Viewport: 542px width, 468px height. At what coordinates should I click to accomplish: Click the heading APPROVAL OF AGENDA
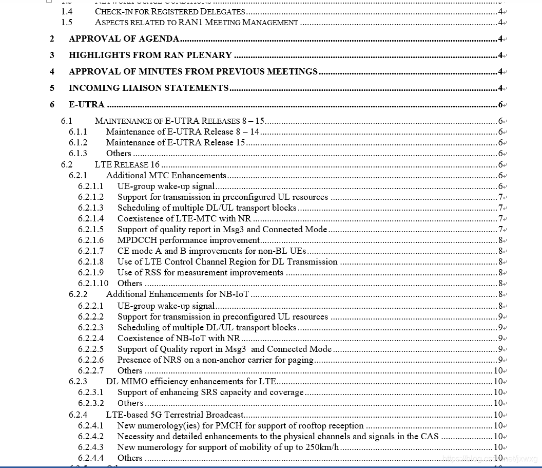[124, 39]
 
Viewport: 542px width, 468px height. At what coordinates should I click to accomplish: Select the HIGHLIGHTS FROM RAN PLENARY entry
[150, 55]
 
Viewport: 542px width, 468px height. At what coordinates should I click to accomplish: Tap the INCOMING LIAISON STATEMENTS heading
[148, 88]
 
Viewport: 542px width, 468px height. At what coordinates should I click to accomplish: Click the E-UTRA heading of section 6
[86, 104]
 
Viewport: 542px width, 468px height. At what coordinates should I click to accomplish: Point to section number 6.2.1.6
[90, 240]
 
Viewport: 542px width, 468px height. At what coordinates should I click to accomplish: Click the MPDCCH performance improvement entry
[188, 240]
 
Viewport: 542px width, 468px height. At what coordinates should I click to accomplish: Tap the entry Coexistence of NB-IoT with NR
[179, 338]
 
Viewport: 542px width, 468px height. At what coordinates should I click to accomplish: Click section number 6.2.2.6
[90, 360]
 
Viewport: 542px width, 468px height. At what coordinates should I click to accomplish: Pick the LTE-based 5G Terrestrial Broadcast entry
[175, 415]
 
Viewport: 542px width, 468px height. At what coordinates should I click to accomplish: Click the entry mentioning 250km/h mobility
[228, 447]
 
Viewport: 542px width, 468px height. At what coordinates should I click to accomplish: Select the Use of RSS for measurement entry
[200, 272]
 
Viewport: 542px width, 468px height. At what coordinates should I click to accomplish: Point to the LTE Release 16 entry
[127, 164]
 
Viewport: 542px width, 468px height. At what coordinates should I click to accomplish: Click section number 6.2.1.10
[93, 283]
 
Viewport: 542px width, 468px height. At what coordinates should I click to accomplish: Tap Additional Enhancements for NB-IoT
[178, 294]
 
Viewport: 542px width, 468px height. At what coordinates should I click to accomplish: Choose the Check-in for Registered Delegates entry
[170, 11]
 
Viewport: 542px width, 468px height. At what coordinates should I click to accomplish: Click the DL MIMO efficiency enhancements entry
[191, 381]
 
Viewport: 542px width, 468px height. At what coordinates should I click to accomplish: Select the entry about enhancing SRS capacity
[210, 392]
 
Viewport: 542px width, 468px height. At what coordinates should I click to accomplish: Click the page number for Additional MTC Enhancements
[500, 175]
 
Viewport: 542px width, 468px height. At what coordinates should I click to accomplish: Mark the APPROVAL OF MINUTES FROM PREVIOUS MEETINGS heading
[193, 71]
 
